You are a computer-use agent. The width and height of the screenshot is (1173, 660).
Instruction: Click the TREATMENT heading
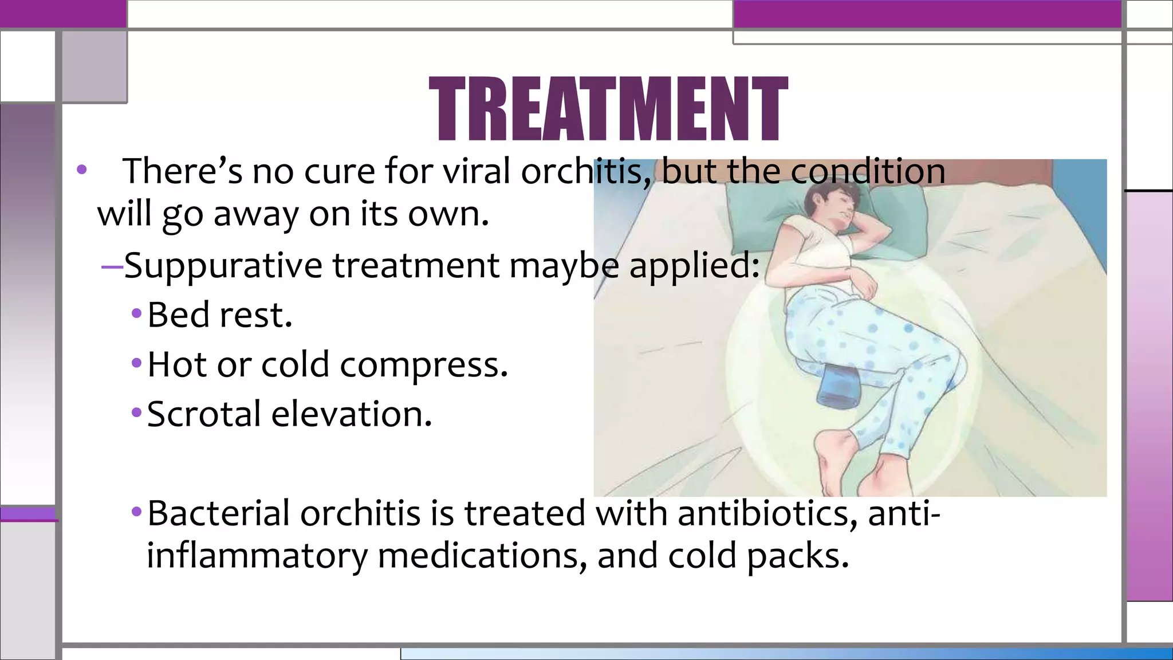point(608,109)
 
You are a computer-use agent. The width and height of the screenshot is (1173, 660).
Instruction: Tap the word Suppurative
point(223,266)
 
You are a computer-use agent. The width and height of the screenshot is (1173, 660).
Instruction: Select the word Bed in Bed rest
point(178,315)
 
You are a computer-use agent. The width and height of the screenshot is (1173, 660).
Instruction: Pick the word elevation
point(351,414)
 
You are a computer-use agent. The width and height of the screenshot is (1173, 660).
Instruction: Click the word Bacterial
point(218,513)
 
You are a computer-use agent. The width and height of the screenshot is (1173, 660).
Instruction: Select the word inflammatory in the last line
point(257,556)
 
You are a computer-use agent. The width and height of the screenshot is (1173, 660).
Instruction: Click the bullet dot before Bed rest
point(136,313)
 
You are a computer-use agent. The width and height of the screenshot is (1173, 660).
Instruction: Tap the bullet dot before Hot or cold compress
point(136,363)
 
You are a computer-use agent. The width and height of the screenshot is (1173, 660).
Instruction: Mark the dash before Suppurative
point(112,266)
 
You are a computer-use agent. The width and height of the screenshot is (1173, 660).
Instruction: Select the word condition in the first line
point(868,171)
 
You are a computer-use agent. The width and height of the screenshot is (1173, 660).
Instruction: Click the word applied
point(694,266)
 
